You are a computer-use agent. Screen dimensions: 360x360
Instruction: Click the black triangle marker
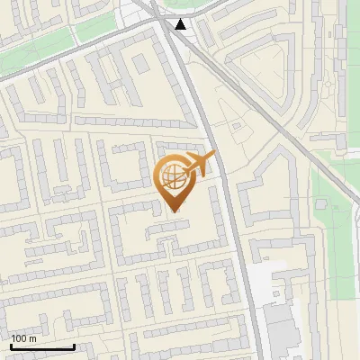182,24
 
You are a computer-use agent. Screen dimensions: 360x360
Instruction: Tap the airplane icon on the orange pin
200,165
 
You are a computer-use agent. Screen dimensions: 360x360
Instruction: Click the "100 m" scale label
23,338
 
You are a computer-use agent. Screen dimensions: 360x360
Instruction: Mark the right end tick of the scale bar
74,346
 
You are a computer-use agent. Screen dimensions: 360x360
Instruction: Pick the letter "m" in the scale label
32,338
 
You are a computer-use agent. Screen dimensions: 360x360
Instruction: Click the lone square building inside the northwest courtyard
139,63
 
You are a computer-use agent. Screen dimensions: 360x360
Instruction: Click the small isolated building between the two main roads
238,129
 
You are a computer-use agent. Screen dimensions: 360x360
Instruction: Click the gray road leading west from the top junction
81,52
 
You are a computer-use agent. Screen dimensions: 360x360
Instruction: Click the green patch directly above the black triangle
184,6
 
